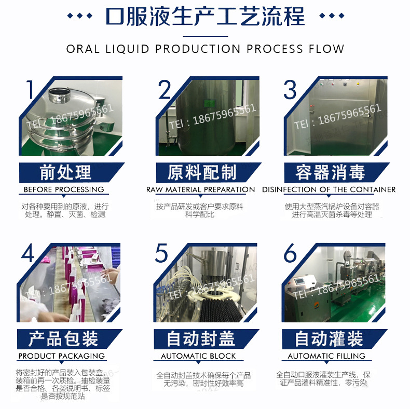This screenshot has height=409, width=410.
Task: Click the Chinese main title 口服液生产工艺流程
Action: (205, 17)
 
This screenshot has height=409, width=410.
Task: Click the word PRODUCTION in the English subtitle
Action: (198, 49)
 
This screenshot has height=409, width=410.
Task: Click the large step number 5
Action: (162, 254)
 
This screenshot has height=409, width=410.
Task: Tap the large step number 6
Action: (290, 254)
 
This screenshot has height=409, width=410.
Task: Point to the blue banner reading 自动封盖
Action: (200, 339)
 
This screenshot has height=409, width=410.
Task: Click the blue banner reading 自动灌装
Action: (329, 339)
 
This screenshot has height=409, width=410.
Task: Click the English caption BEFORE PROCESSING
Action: (64, 189)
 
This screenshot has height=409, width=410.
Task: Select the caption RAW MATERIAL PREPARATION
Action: (200, 189)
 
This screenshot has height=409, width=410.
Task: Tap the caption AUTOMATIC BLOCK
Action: (199, 356)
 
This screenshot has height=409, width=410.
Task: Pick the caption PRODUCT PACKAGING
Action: (62, 356)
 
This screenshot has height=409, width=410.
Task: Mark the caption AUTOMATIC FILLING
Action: (326, 356)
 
